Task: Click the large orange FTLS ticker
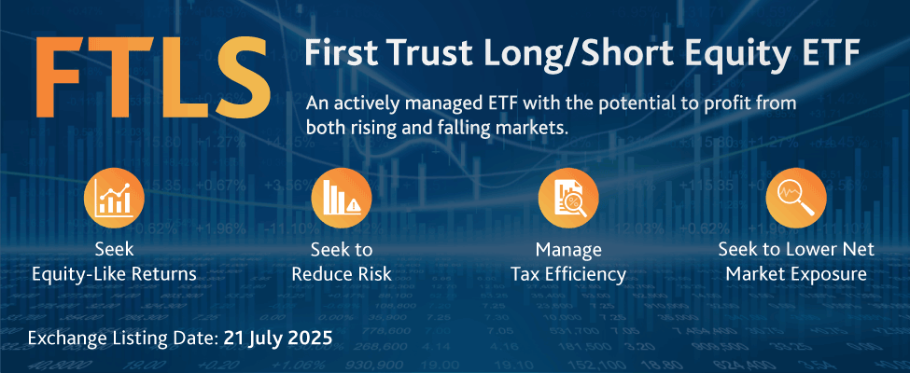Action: point(154,75)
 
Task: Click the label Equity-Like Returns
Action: point(114,273)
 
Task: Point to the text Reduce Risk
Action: point(342,273)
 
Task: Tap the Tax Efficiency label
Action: point(568,274)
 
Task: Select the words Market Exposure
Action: point(796,274)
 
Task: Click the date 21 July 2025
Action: point(278,338)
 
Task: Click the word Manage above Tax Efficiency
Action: point(568,251)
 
